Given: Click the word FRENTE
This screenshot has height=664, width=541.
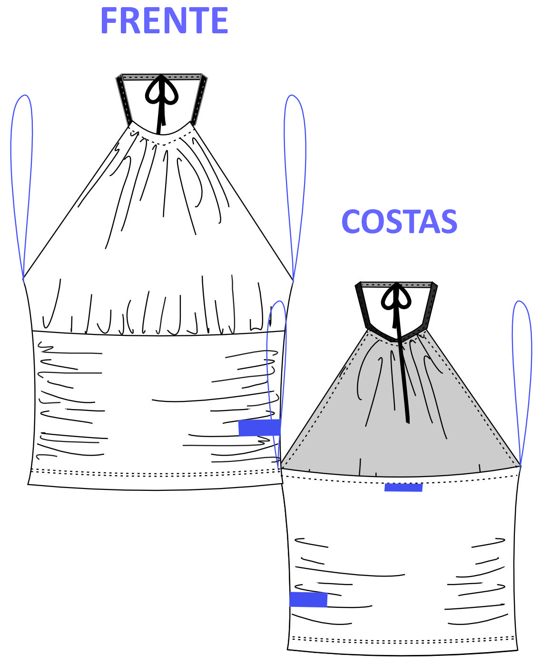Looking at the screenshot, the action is coord(164,20).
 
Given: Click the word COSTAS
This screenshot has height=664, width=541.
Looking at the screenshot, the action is coord(399,222).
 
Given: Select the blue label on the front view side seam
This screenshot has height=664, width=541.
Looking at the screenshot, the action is coord(259,428).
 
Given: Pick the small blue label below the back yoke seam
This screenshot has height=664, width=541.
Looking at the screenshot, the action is coord(403,488).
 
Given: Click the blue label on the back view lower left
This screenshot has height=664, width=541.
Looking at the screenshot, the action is coord(308,599).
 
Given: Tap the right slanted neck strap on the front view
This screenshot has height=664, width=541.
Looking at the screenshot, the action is coord(199,100).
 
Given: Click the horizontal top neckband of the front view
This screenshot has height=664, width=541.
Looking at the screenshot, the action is coord(161,77).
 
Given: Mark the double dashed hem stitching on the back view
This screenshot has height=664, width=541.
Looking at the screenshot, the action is coord(403,640).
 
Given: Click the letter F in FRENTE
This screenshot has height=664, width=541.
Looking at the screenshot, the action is coord(109,20).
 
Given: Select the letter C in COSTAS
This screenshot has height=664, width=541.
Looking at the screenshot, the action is coord(351,222).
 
